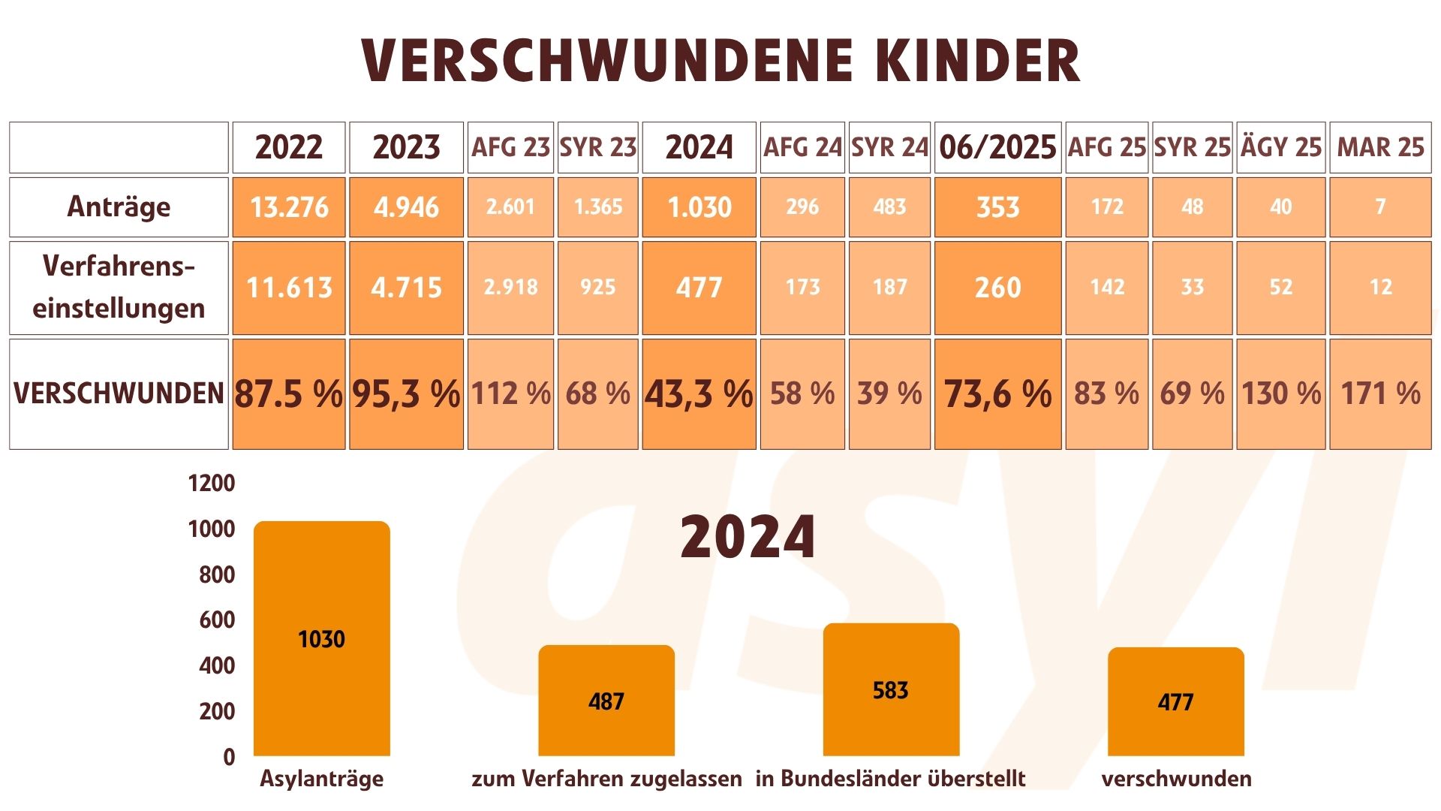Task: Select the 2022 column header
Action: pos(289,147)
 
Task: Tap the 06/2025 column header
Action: pos(997,147)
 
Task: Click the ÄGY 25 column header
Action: pos(1280,147)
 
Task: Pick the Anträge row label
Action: pos(119,207)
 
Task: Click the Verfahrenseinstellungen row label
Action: pos(119,287)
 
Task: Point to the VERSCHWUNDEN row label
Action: pos(119,393)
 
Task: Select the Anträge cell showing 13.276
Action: pos(289,207)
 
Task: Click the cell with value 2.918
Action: pos(510,287)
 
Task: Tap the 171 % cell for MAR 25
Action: pos(1380,393)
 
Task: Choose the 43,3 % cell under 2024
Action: pos(699,393)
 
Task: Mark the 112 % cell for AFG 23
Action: pos(510,393)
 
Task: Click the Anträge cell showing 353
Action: pos(997,207)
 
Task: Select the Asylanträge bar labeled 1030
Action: pos(322,638)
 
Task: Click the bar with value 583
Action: pos(891,689)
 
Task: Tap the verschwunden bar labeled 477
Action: pos(1175,701)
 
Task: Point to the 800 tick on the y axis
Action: pos(217,574)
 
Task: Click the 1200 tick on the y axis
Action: pos(212,483)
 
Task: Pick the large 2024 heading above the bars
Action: pos(748,536)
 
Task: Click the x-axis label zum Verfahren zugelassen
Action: pos(606,779)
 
